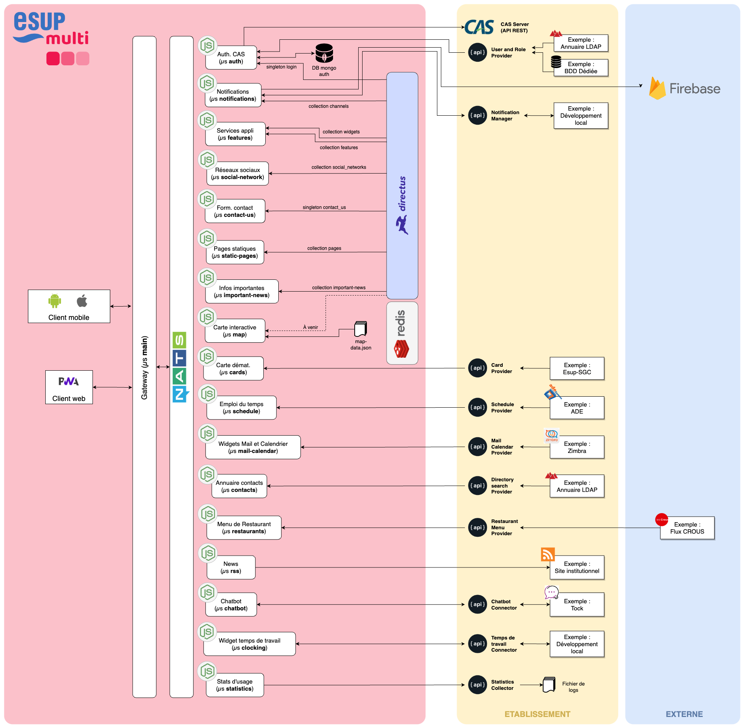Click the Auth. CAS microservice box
(x=231, y=58)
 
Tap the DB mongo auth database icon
(x=324, y=53)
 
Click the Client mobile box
(x=69, y=306)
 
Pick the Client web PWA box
(x=69, y=387)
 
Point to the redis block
(x=402, y=333)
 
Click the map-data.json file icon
(x=361, y=329)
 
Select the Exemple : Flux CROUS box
(x=687, y=528)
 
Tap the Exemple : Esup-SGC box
(x=577, y=369)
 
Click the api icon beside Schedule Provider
(x=477, y=407)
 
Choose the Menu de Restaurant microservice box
(x=244, y=528)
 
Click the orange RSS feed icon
(x=548, y=554)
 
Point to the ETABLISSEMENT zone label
(x=537, y=714)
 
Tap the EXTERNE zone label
(x=684, y=714)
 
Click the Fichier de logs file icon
(x=549, y=685)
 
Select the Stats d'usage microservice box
(x=235, y=685)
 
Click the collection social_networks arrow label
(x=339, y=167)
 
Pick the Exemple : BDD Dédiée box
(x=581, y=68)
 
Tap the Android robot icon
(x=55, y=301)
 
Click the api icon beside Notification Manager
(x=477, y=115)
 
